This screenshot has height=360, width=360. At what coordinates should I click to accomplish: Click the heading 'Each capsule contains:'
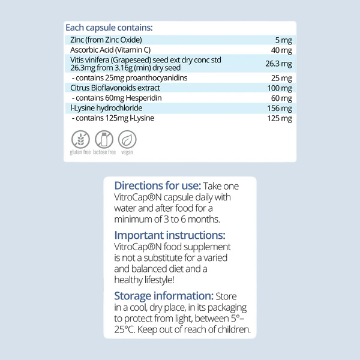pyautogui.click(x=109, y=28)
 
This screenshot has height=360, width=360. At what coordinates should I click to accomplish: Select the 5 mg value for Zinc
pyautogui.click(x=283, y=40)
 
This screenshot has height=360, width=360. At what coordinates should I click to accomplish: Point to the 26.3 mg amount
pyautogui.click(x=278, y=63)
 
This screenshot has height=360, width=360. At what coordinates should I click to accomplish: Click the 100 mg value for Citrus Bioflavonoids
pyautogui.click(x=279, y=88)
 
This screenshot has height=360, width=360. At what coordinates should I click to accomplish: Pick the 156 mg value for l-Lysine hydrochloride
pyautogui.click(x=279, y=109)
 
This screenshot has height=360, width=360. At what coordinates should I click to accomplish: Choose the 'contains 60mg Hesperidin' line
pyautogui.click(x=110, y=98)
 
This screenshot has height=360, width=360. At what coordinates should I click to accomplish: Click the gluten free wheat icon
pyautogui.click(x=80, y=140)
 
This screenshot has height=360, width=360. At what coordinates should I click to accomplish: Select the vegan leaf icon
pyautogui.click(x=127, y=140)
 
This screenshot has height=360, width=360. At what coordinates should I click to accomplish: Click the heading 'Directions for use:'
pyautogui.click(x=157, y=185)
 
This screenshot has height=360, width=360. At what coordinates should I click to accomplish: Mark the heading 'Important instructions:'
pyautogui.click(x=170, y=235)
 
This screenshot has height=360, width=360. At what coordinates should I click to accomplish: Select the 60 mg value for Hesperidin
pyautogui.click(x=281, y=98)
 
